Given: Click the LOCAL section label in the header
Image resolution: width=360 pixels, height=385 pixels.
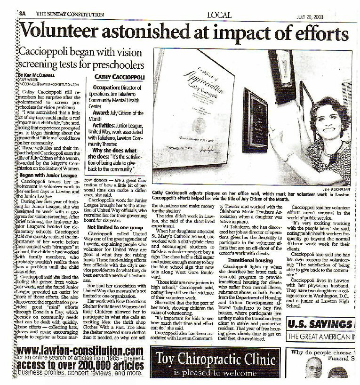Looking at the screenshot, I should point(219,15).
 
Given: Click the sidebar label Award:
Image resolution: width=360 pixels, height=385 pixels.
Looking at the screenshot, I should point(102,113).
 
